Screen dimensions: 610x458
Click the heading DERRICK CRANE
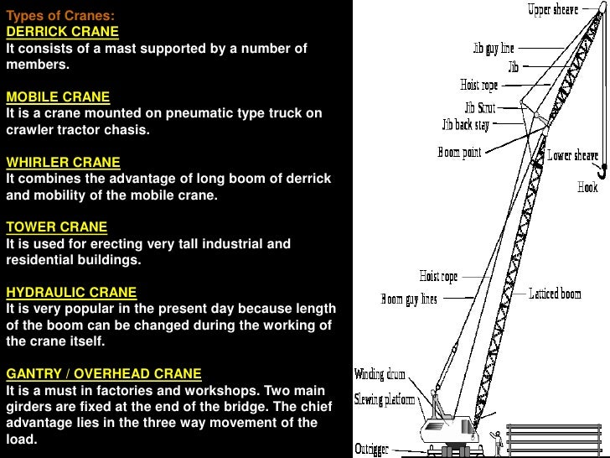62,32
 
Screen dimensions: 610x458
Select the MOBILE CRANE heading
58,96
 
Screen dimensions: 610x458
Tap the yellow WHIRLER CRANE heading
63,162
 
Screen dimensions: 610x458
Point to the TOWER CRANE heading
56,226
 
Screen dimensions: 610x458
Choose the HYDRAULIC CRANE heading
71,292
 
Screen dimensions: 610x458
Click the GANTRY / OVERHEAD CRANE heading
104,373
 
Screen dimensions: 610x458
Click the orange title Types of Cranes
61,15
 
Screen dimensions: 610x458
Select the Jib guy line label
493,50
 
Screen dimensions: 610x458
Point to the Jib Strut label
481,108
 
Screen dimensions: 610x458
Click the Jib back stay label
465,124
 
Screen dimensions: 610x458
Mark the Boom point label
460,154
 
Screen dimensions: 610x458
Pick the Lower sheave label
573,156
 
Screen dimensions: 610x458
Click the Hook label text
587,188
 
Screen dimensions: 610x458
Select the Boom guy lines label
409,299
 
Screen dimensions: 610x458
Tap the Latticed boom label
555,294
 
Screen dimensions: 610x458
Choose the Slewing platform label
385,399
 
